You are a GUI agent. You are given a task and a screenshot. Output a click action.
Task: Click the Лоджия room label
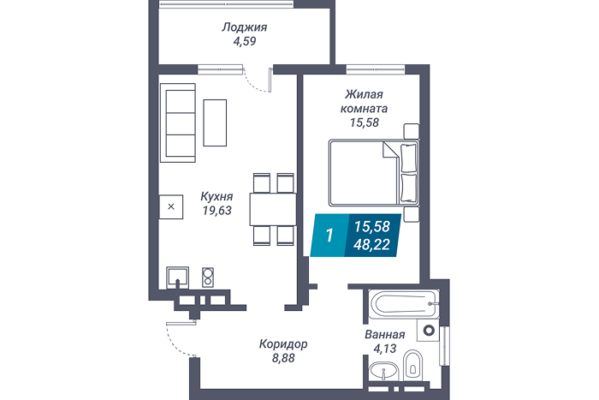(x=245, y=27)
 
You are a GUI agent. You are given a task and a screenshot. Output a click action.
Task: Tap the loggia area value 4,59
(x=245, y=41)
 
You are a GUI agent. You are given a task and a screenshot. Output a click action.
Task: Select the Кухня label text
(x=216, y=196)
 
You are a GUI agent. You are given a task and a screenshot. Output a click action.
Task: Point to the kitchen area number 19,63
(x=217, y=211)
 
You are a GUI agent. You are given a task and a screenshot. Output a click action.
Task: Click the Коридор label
(x=283, y=344)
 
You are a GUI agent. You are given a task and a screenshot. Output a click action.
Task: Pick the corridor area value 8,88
(x=283, y=358)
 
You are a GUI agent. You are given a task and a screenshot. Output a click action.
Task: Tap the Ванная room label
(x=385, y=335)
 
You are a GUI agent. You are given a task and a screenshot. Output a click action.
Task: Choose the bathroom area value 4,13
(x=385, y=349)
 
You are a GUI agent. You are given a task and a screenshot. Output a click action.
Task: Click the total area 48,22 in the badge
(x=371, y=244)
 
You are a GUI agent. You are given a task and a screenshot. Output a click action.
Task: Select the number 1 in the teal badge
(x=329, y=236)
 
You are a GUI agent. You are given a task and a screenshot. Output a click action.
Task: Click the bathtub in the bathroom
(x=404, y=304)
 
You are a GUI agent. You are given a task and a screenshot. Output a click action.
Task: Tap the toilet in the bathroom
(x=412, y=365)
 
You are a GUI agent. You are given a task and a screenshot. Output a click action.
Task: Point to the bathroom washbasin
(x=383, y=371)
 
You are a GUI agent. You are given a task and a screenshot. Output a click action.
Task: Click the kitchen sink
(x=177, y=278)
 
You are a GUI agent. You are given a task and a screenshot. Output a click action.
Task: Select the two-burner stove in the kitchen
(x=208, y=278)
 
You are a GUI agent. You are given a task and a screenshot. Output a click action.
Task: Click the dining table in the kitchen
(x=273, y=209)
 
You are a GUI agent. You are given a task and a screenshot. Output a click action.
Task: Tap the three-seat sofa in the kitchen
(x=178, y=122)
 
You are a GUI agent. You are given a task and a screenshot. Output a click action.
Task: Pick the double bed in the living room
(x=374, y=173)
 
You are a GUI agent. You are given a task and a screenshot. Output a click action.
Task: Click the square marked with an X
(x=171, y=207)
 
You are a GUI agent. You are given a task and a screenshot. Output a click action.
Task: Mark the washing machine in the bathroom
(x=428, y=330)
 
